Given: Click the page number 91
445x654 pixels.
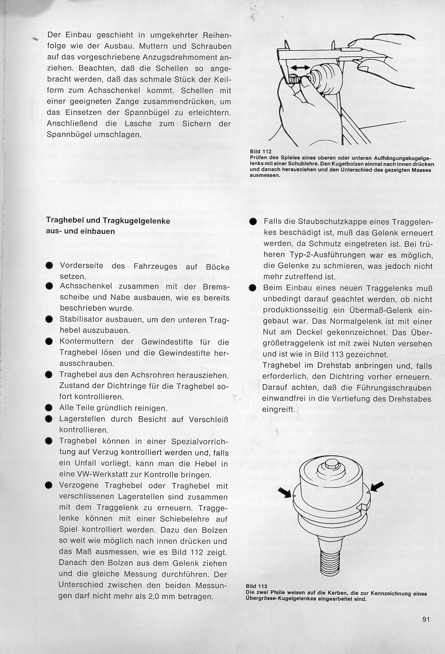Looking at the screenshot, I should click(425, 619).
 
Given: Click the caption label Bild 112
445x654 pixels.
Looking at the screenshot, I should click(259, 152).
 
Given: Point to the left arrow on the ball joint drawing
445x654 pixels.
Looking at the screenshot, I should click(285, 491).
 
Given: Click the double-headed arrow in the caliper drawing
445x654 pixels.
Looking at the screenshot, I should click(300, 67).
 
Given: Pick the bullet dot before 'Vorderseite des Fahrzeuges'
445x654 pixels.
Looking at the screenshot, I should click(49, 266).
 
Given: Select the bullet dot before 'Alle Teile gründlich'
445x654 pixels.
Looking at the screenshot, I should click(49, 408).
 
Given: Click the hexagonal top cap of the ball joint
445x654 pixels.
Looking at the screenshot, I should click(331, 463).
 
